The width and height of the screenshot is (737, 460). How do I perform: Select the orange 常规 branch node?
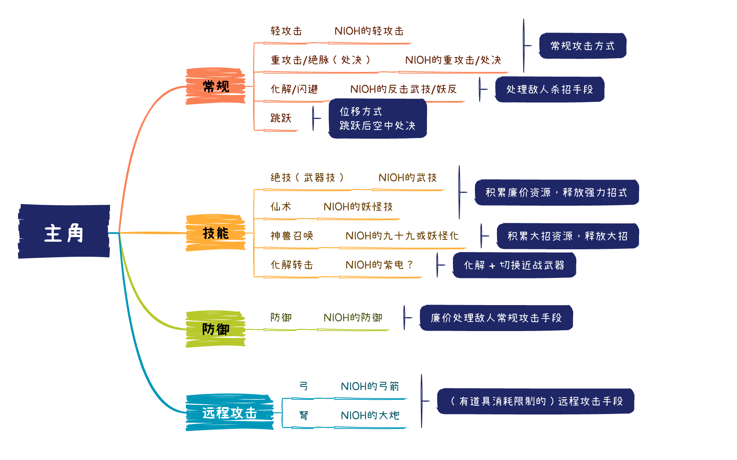coord(215,86)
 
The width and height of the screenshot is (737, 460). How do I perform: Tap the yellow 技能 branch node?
coord(215,233)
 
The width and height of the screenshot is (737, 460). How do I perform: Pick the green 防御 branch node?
coord(215,329)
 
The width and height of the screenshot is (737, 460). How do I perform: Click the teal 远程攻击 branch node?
coord(229,413)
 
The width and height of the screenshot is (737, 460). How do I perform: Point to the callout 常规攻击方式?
coord(582,46)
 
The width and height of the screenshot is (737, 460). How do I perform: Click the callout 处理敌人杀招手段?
coord(549,90)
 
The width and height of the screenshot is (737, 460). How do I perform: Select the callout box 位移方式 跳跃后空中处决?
coord(377,119)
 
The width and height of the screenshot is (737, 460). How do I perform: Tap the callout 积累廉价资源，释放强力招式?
coord(556,193)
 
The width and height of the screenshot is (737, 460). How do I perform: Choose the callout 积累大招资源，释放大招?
coord(567,236)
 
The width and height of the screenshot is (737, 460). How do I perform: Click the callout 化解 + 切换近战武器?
coord(514,265)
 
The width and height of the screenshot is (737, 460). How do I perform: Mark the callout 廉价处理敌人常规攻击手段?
coord(496,318)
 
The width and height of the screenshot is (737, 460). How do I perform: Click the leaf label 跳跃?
coord(281,118)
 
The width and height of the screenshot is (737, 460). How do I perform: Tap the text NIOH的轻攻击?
coord(369,31)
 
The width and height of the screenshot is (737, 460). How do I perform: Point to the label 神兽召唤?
coord(291,236)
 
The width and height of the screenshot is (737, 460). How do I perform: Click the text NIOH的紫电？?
coord(379,265)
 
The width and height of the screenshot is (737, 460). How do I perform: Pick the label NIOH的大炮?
coord(370,416)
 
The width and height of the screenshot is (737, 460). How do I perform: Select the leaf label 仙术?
coord(281,207)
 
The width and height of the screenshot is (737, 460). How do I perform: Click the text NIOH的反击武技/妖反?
coord(403,89)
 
